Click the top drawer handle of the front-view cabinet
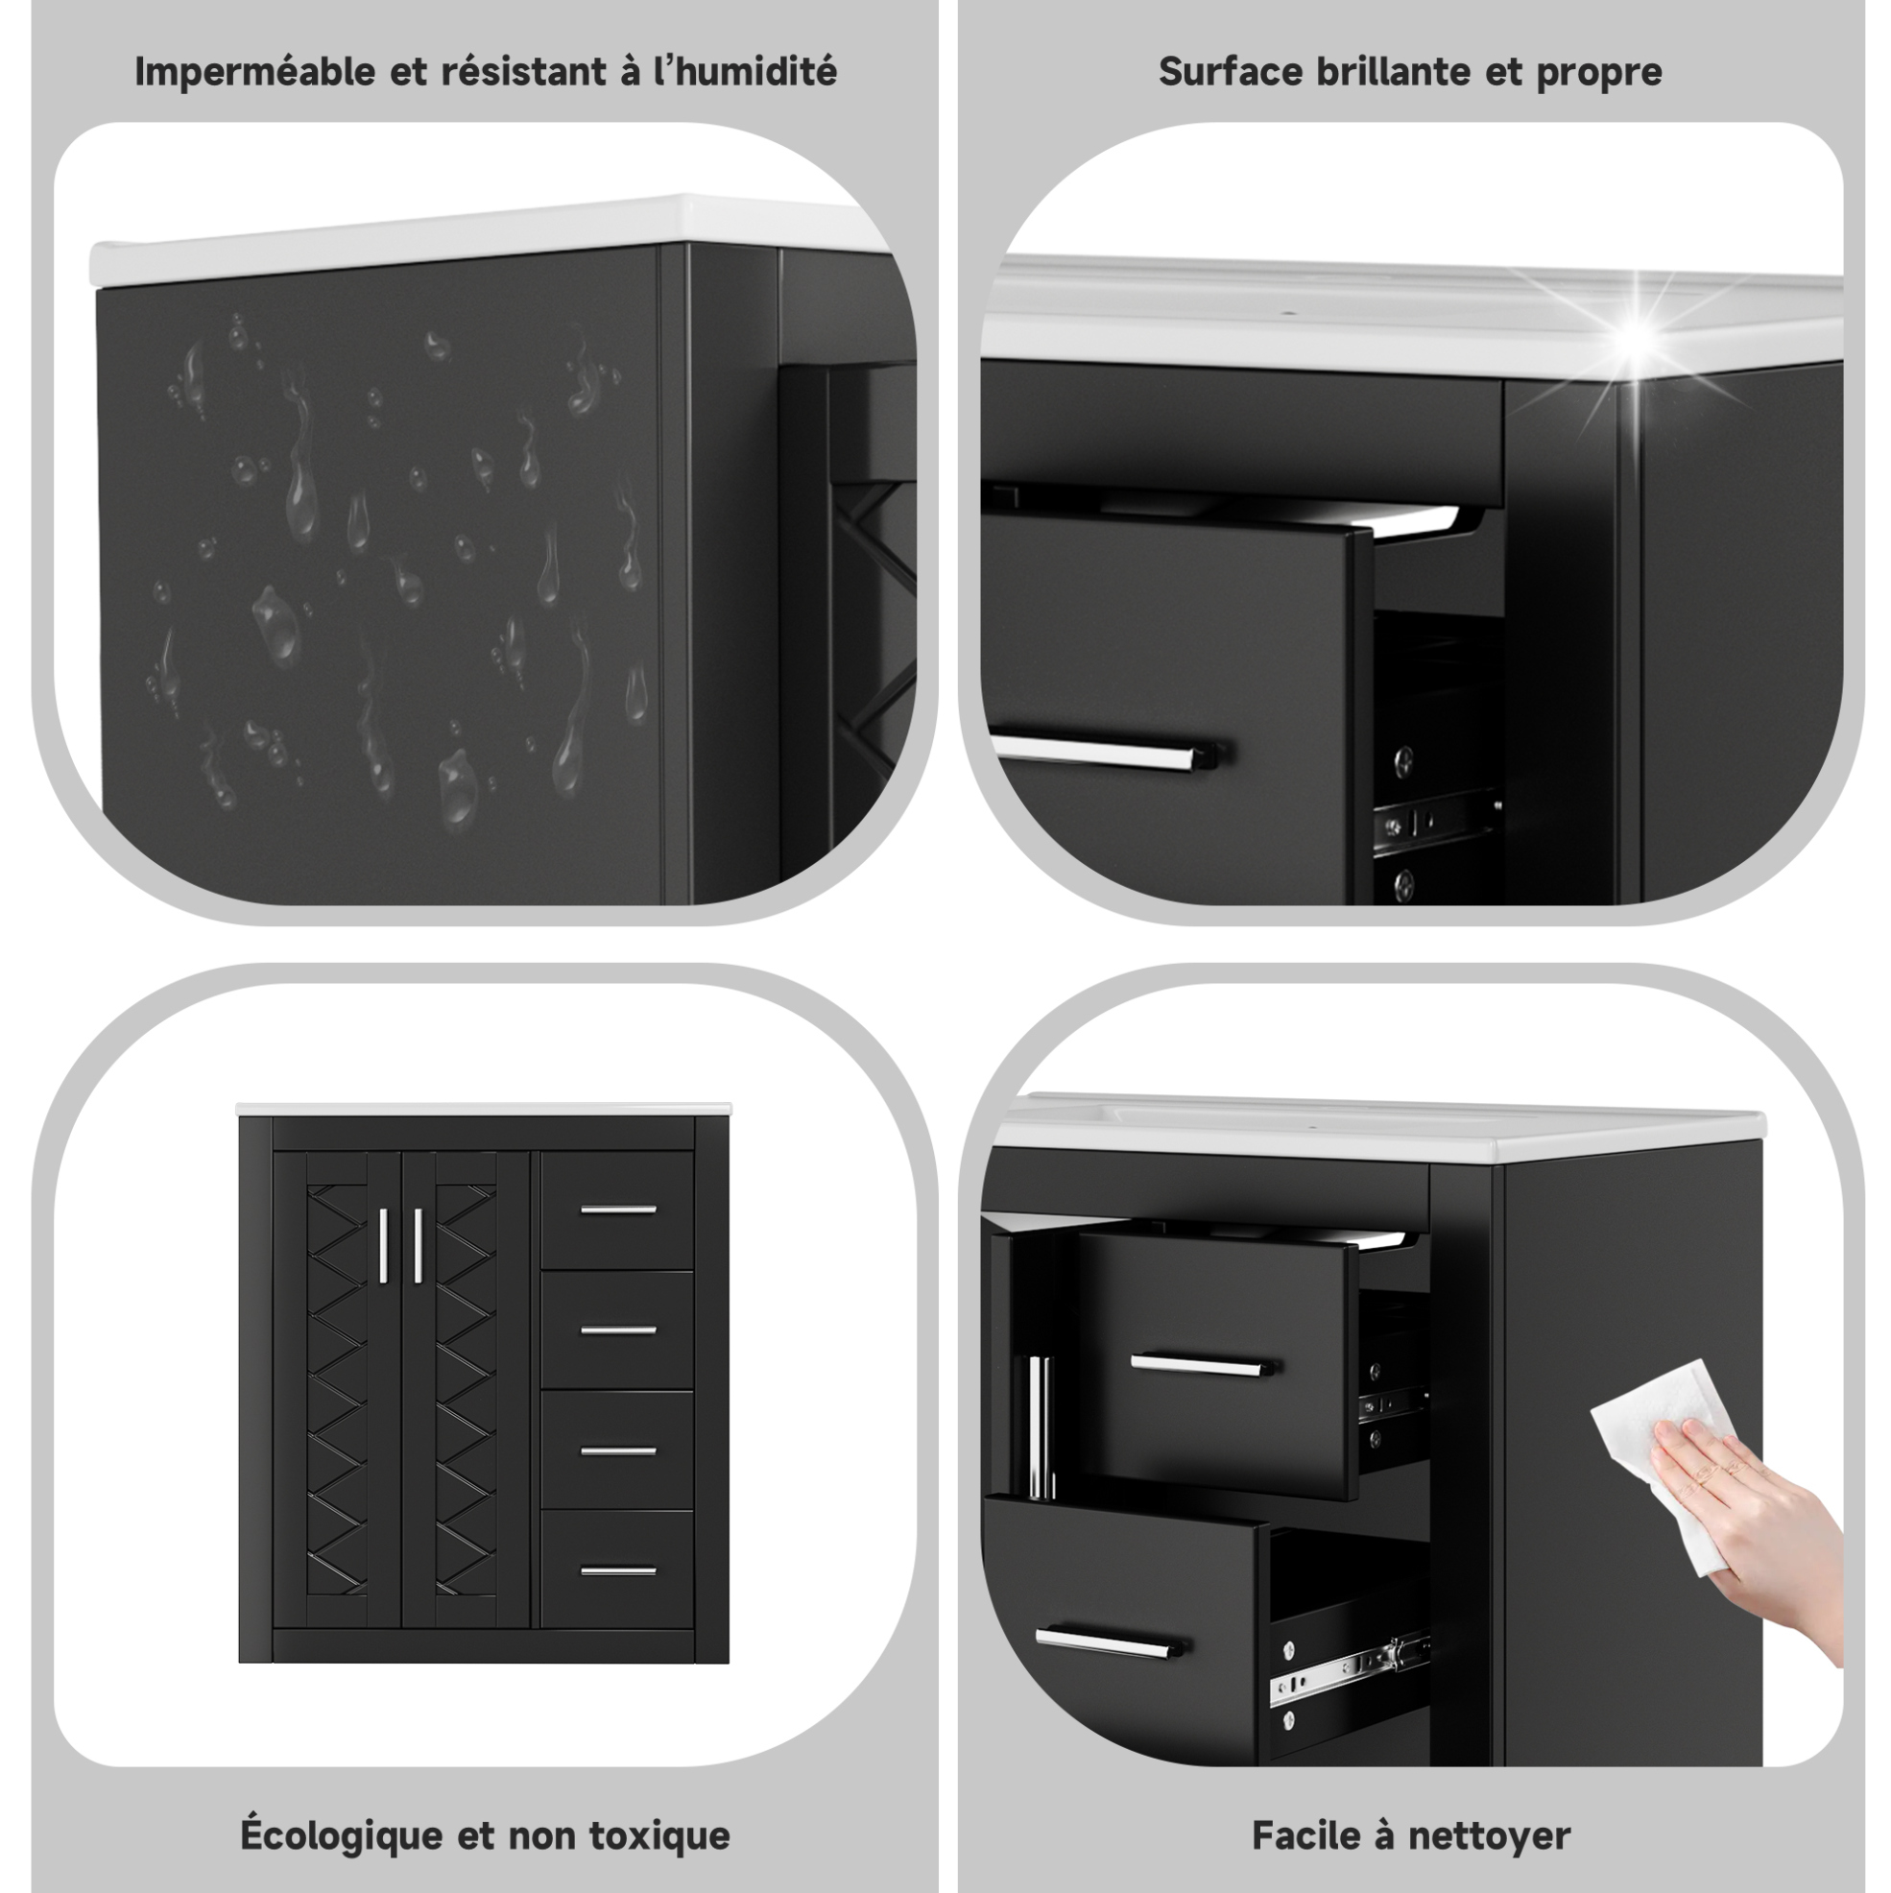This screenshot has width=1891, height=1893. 618,1210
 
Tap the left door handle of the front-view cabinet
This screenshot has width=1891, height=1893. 383,1245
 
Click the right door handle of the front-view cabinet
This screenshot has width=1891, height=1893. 418,1245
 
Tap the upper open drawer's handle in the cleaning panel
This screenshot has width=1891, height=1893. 1204,1364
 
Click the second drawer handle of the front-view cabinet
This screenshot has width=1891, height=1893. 618,1330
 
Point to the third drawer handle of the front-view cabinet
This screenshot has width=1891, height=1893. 618,1450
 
